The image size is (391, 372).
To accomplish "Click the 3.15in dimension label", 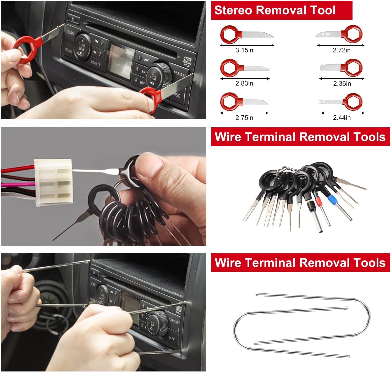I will point(244,50).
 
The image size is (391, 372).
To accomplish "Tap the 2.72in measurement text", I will point(342,50).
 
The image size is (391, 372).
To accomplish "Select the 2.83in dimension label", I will point(244,83).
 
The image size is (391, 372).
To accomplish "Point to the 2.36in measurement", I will point(342,83).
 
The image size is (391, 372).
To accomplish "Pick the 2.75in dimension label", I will point(244,117).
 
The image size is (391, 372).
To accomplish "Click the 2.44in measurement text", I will point(342,117).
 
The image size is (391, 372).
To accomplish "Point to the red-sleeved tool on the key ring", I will point(318,202).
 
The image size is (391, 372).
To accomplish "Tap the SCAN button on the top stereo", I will point(70,32).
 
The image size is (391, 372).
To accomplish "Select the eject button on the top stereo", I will point(73,19).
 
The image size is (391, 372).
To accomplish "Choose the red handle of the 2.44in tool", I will point(353,102).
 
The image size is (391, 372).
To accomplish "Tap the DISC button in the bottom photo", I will point(172,338).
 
